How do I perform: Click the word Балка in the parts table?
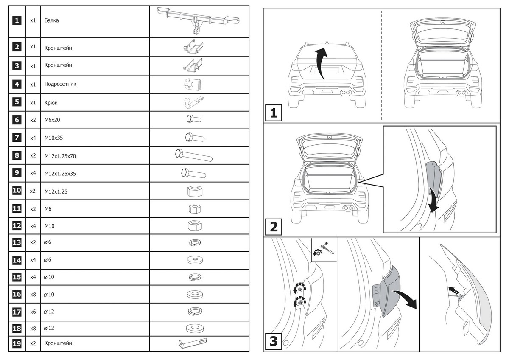51,20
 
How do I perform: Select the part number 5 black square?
17,102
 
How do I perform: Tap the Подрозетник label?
60,84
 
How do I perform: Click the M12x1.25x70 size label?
60,156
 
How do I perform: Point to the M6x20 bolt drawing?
193,120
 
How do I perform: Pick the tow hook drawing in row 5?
193,102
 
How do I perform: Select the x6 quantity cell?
33,312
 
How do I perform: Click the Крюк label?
51,102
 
